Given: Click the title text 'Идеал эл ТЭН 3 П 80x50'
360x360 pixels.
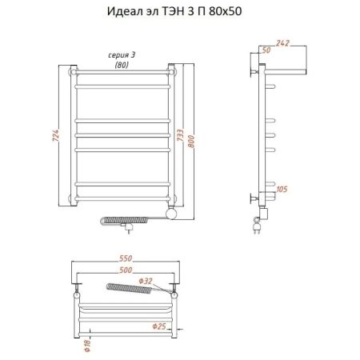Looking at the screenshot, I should [179, 14].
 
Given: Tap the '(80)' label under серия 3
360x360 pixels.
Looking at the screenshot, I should [122, 65].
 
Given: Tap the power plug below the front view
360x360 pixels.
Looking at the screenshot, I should [125, 228].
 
